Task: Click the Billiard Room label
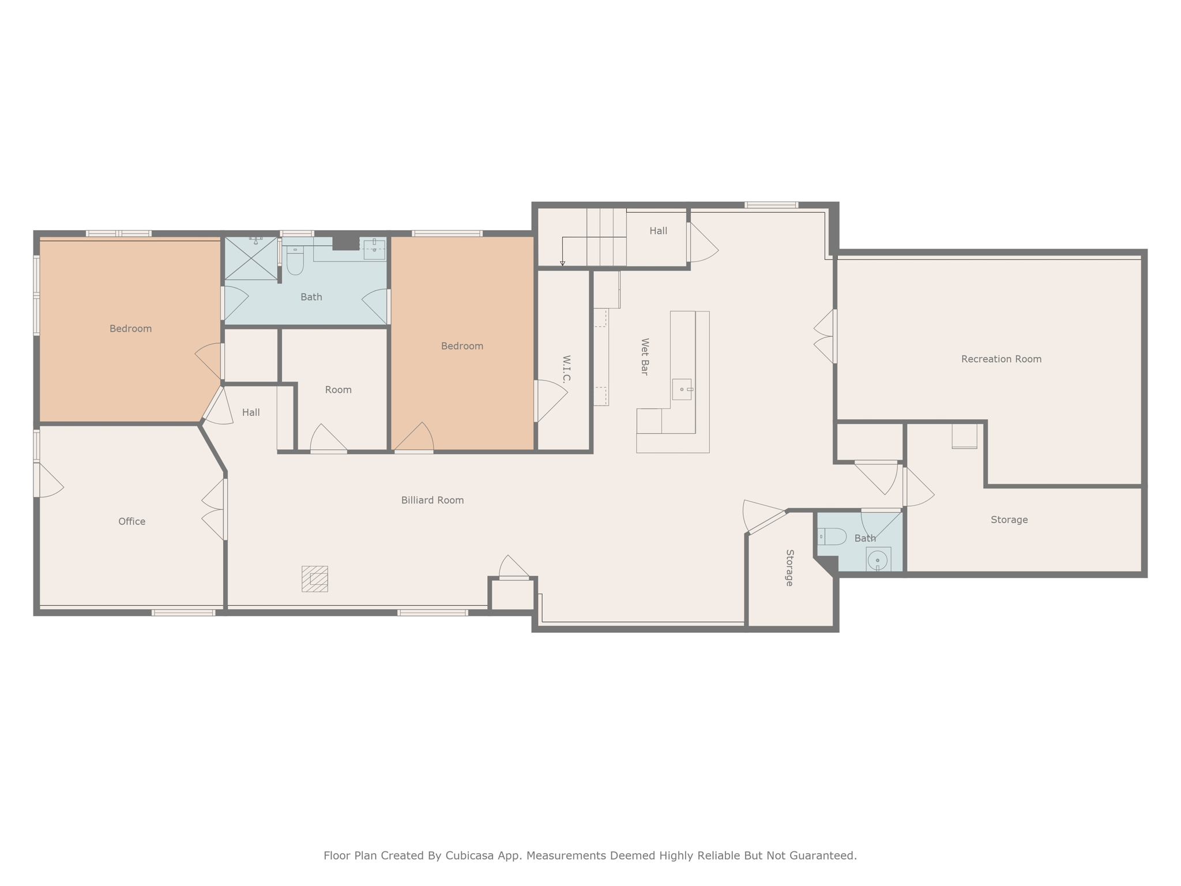tap(432, 500)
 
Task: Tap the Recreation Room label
tap(1001, 359)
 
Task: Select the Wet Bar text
tap(645, 357)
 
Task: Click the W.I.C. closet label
tap(566, 369)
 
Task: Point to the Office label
tap(131, 521)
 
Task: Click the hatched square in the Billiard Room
tap(315, 579)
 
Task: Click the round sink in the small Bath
tap(878, 560)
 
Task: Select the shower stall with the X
tap(251, 258)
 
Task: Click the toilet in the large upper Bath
tap(295, 261)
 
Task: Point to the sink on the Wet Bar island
tap(682, 389)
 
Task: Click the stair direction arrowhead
tap(563, 264)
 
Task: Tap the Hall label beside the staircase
tap(658, 231)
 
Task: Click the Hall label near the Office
tap(251, 412)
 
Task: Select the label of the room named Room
tap(338, 390)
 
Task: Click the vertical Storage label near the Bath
tap(790, 568)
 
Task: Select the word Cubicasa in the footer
tap(469, 855)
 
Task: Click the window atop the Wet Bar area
tap(771, 205)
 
